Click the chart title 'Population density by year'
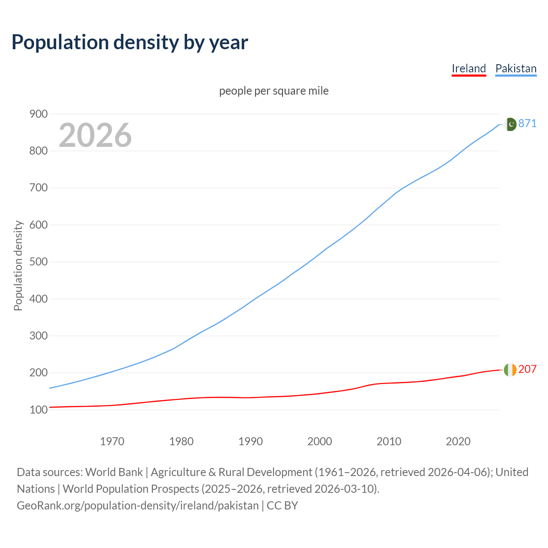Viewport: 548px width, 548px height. point(130,42)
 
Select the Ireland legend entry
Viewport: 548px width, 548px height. point(469,68)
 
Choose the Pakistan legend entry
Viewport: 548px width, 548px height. point(515,68)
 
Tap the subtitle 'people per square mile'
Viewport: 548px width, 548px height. point(274,91)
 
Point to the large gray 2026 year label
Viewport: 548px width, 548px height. point(95,135)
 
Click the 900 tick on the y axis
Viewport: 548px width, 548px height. point(38,114)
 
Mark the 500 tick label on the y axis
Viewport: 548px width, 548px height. point(38,262)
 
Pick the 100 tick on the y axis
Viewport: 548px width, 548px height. point(38,410)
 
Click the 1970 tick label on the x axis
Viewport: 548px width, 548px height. point(112,441)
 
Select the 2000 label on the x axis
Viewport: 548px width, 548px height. point(320,441)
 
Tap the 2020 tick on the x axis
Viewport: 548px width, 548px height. point(458,441)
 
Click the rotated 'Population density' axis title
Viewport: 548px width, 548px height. point(18,265)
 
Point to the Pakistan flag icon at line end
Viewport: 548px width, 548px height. point(510,124)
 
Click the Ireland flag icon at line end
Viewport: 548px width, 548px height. point(510,369)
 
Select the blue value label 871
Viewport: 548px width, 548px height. point(527,123)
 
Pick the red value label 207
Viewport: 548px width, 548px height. point(527,369)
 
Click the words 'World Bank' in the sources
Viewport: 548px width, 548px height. point(114,472)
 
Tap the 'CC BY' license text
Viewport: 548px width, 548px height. point(282,506)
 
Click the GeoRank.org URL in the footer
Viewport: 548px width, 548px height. point(137,506)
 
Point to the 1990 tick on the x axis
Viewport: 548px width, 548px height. point(250,441)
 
